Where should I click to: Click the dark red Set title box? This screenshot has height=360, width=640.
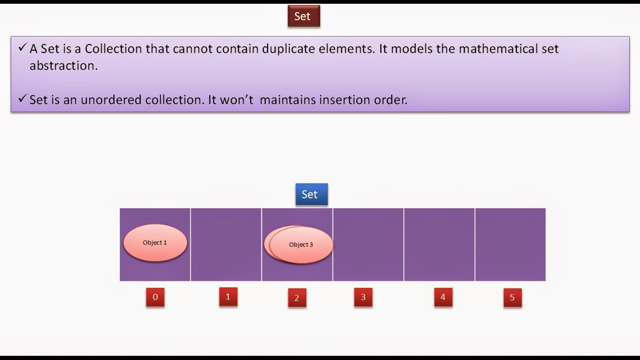point(304,16)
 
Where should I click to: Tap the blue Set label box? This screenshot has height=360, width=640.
point(312,194)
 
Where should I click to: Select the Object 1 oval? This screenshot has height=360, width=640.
point(155,242)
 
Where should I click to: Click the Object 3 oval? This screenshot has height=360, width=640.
point(301,245)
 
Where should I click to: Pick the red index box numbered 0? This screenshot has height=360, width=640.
point(155,297)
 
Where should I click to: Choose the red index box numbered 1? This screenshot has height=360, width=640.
point(228,297)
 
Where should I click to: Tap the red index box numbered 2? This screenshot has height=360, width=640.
point(297,298)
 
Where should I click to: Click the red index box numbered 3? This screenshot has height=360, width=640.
point(363,297)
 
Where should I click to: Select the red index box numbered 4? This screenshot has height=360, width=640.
point(443,297)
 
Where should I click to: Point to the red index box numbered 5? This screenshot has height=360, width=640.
point(513,298)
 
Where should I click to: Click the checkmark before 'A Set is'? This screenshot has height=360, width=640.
point(22,47)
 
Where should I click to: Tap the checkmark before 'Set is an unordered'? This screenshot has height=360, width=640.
point(22,98)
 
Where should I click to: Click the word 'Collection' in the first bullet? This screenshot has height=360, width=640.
point(113,49)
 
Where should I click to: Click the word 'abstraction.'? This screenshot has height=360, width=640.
point(64,66)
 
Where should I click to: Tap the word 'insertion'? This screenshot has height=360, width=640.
point(344,100)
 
